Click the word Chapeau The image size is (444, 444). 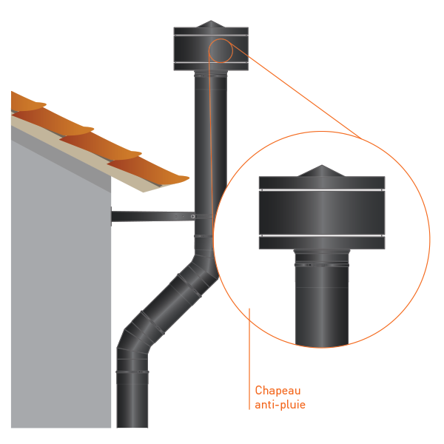click(x=277, y=391)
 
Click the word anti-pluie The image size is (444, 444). click(x=280, y=404)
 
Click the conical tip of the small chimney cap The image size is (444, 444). click(x=211, y=24)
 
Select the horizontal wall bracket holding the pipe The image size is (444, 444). click(x=153, y=217)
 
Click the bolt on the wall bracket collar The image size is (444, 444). click(x=192, y=217)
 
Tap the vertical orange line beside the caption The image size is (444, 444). click(x=249, y=359)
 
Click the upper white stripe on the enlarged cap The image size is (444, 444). click(x=322, y=189)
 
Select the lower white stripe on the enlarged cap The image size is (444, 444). click(x=322, y=235)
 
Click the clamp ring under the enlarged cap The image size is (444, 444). click(x=322, y=265)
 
